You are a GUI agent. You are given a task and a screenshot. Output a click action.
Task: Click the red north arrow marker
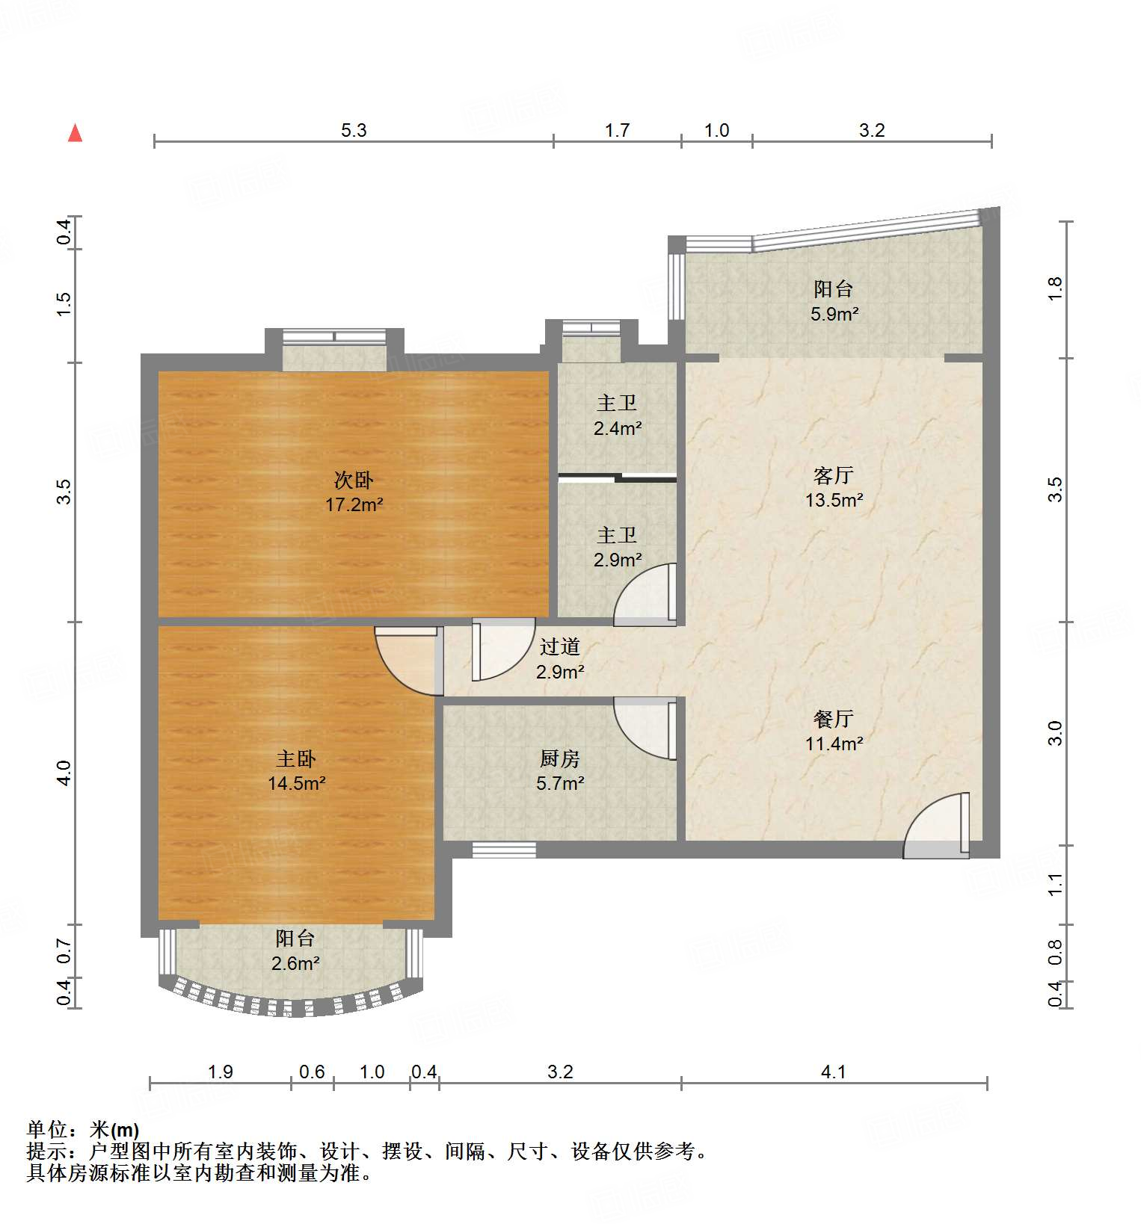click(x=75, y=133)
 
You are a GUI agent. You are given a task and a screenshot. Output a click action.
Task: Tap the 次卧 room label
click(x=354, y=479)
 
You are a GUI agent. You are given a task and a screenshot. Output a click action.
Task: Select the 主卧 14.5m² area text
click(x=297, y=783)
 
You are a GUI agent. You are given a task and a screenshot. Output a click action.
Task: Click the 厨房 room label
click(x=559, y=759)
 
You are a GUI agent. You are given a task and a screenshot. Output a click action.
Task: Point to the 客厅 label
click(x=833, y=475)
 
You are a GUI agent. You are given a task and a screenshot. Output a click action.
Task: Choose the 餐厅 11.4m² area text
click(x=834, y=744)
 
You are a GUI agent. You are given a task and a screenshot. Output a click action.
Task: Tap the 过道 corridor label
click(x=559, y=647)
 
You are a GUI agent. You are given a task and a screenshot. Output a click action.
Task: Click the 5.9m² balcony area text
click(x=834, y=314)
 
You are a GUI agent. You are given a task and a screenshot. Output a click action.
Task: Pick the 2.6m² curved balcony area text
click(x=295, y=963)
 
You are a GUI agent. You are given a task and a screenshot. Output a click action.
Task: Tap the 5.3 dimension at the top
click(x=354, y=131)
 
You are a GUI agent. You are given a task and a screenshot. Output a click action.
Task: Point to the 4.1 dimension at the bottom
click(x=833, y=1072)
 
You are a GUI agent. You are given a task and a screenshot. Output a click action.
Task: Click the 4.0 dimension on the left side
click(x=64, y=772)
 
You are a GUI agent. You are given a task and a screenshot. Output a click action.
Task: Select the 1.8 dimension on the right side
click(x=1054, y=288)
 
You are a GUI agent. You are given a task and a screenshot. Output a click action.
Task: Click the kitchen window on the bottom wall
click(x=504, y=850)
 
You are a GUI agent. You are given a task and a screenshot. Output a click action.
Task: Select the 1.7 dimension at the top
click(x=617, y=131)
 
